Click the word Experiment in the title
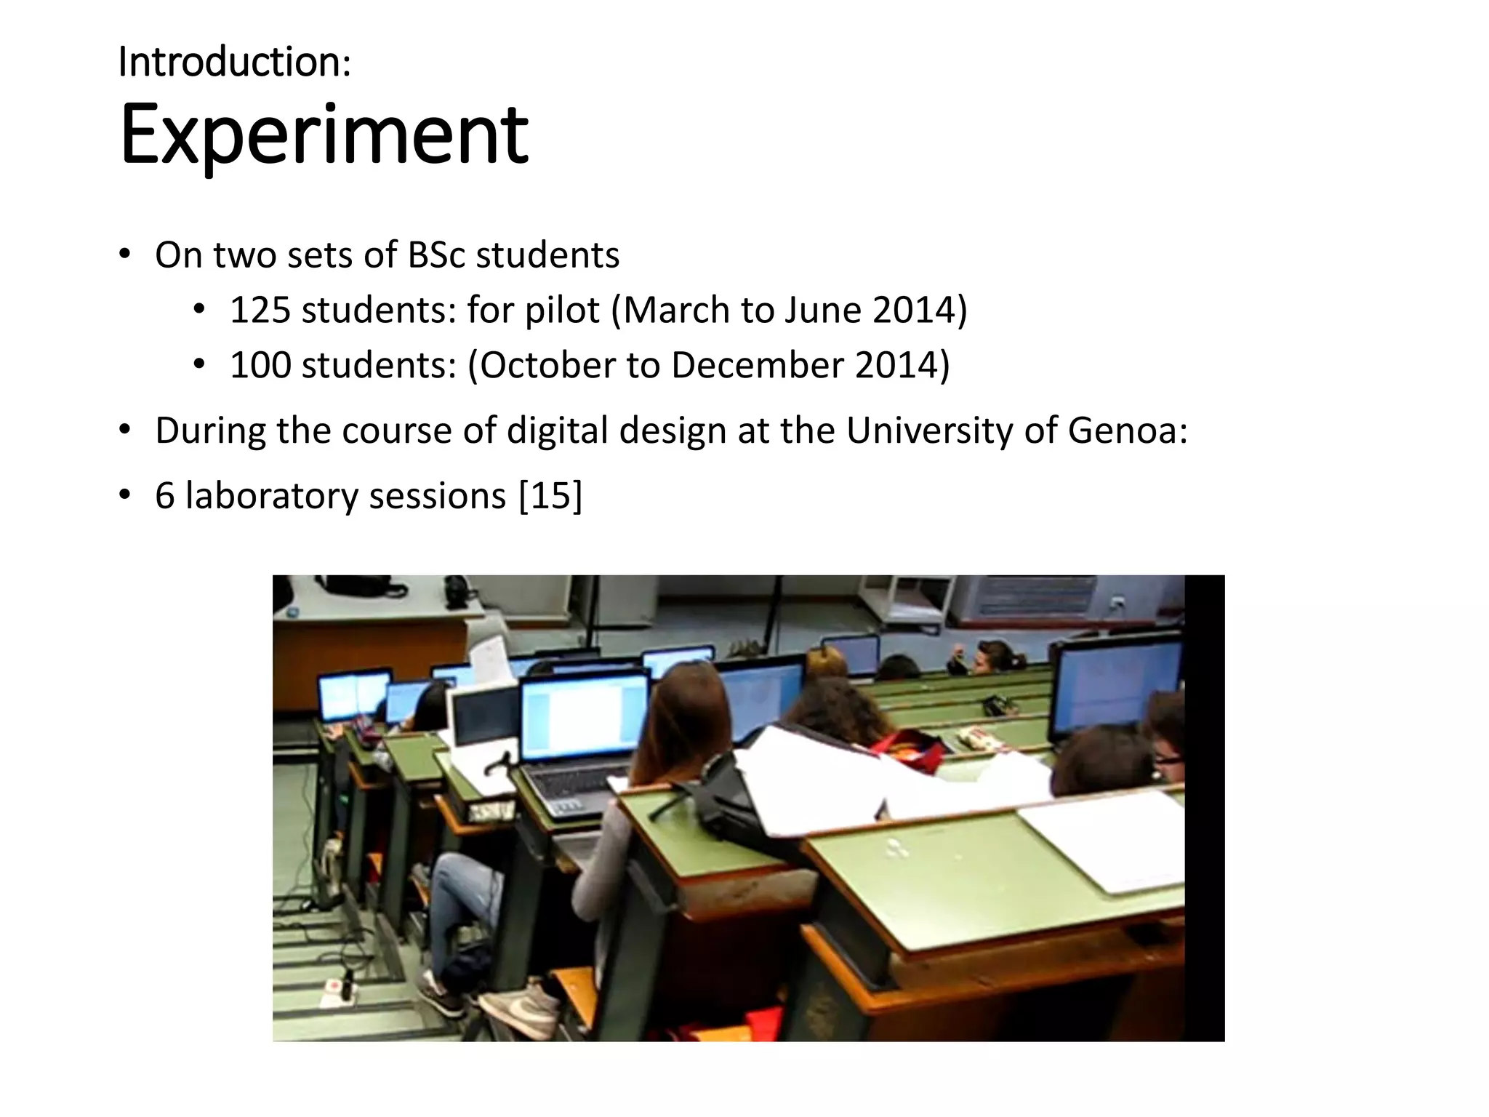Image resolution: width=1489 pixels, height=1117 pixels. (324, 135)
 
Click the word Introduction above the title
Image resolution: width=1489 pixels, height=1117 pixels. (230, 62)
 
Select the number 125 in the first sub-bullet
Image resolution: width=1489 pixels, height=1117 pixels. (260, 310)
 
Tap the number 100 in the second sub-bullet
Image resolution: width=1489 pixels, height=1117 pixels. (260, 365)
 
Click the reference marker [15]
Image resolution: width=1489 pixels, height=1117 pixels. (550, 497)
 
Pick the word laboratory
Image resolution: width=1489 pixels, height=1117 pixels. (272, 497)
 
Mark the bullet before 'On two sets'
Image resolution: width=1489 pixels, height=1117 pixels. (125, 255)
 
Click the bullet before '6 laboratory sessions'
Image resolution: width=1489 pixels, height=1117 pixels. (125, 497)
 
